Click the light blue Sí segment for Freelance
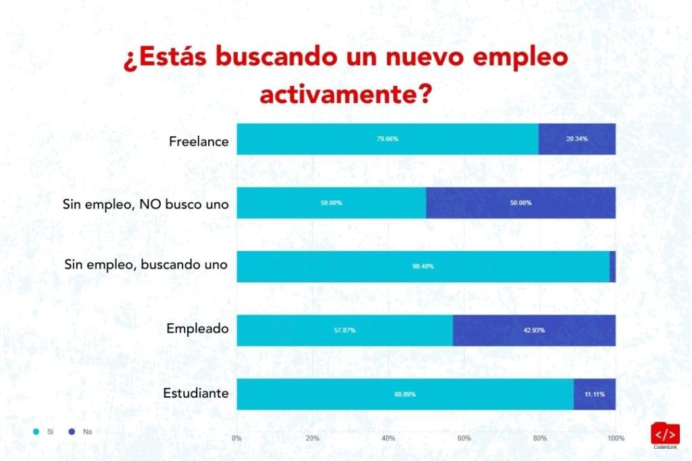[x=387, y=139]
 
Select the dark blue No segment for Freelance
[x=576, y=139]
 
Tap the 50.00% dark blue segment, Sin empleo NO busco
[x=520, y=202]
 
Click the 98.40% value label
[x=423, y=267]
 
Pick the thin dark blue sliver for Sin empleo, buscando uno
[x=612, y=267]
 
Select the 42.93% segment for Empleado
[x=534, y=330]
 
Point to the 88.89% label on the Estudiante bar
[x=405, y=394]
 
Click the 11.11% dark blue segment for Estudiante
[x=594, y=394]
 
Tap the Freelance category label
[x=199, y=142]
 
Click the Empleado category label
[x=198, y=329]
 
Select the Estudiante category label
[x=196, y=393]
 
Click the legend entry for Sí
[x=45, y=431]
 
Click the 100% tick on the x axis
[x=615, y=439]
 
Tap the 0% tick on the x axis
[x=237, y=439]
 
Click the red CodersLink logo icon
[x=665, y=433]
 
